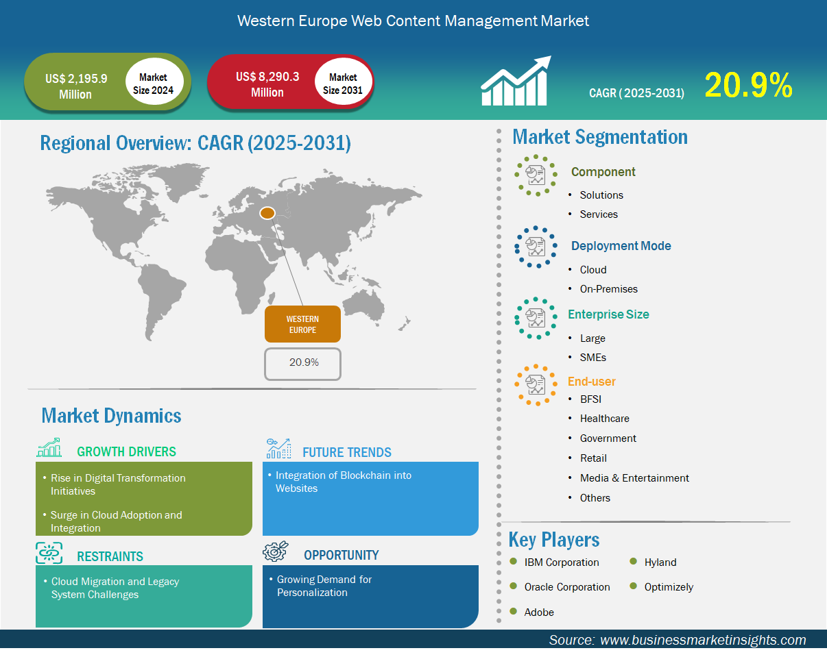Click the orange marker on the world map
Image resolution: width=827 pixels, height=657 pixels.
[x=267, y=213]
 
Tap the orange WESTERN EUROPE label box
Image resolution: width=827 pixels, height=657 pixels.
[x=302, y=323]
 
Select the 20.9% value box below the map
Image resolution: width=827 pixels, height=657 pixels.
[x=302, y=364]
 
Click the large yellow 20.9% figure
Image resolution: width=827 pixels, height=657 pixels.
[x=748, y=85]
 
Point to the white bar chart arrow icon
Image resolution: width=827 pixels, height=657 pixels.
[x=516, y=81]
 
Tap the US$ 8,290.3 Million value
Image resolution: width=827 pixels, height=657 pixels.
[x=267, y=84]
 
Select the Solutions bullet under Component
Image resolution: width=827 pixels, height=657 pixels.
[x=601, y=195]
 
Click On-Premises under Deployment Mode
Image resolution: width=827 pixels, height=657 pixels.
[x=608, y=288]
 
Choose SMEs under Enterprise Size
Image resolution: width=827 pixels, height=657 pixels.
[x=592, y=358]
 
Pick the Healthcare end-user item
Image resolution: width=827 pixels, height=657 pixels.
[x=604, y=418]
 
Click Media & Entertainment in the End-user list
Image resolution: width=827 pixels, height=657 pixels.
[x=634, y=478]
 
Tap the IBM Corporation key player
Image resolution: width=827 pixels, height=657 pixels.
[x=561, y=562]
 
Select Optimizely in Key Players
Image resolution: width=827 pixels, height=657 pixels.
[x=669, y=586]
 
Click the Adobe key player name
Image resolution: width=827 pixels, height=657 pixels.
[x=539, y=612]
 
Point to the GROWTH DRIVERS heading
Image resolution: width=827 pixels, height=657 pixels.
[x=126, y=451]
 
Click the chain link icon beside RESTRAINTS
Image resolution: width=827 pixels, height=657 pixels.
[x=49, y=553]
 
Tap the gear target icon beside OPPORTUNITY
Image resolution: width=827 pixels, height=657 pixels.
[x=275, y=551]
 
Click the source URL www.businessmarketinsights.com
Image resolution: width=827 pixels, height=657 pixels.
[x=703, y=640]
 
